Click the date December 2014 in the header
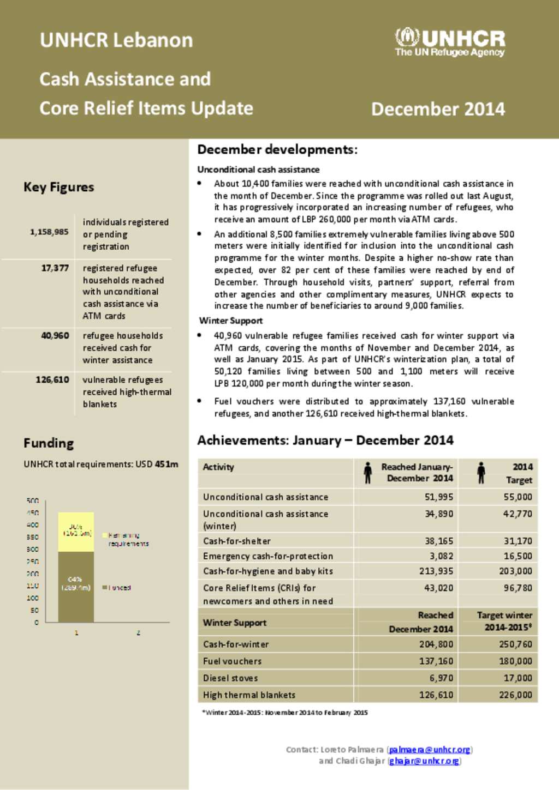438,109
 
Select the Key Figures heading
58,187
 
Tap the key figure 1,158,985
49,232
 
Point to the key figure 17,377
55,268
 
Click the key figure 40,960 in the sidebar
55,335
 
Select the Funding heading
49,443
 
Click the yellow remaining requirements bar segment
76,532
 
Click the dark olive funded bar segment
76,587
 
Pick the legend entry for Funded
117,588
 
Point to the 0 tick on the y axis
37,622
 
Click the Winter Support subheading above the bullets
231,321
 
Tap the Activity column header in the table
218,467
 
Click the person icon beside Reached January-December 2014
368,473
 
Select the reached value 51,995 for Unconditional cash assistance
438,497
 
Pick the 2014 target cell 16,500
518,556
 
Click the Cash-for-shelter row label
237,541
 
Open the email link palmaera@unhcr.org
430,750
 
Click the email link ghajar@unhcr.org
424,761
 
